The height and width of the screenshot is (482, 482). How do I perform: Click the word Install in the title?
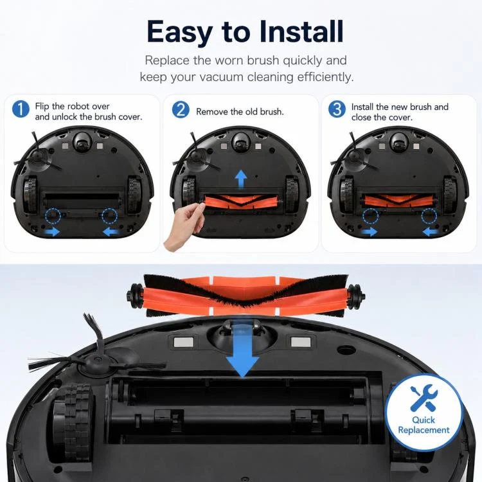tap(301, 31)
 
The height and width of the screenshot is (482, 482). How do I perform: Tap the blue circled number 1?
tap(21, 109)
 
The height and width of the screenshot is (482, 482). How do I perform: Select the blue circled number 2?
tap(181, 110)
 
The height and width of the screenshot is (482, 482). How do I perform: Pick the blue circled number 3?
tap(337, 109)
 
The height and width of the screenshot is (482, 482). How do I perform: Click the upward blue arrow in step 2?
tap(241, 179)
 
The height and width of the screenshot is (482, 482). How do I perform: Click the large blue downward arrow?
tap(242, 349)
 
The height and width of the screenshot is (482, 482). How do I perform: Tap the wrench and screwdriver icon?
tap(424, 398)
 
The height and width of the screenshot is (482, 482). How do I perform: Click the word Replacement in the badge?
tap(424, 430)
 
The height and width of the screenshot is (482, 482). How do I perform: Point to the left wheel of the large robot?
tap(71, 420)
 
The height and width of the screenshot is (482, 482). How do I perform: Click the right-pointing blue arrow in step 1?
tap(53, 231)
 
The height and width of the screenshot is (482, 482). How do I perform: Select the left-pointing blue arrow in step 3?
tap(431, 231)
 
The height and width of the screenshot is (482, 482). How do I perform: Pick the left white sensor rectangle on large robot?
tap(184, 342)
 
